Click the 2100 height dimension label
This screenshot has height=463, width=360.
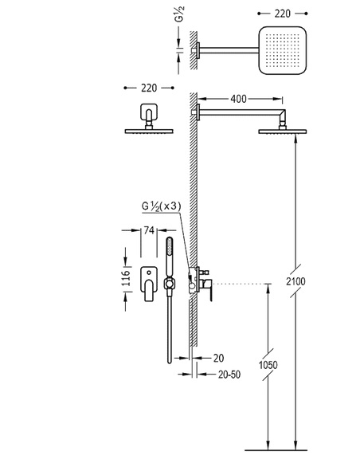295,281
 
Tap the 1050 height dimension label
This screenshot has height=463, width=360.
268,365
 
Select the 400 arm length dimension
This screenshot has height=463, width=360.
238,99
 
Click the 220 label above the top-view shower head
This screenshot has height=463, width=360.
283,14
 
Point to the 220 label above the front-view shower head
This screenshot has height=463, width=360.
149,88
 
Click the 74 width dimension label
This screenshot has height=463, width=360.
149,230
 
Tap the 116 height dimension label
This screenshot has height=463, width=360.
126,277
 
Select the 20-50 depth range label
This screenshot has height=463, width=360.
229,375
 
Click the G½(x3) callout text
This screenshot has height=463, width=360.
161,206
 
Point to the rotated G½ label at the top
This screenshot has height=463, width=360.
180,14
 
